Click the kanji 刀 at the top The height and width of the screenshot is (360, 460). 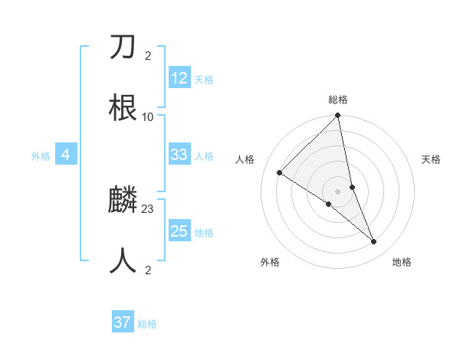click(x=123, y=48)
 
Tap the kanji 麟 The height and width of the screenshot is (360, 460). click(x=123, y=201)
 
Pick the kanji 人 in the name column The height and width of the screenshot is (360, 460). click(x=123, y=260)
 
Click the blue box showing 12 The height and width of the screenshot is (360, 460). click(x=179, y=78)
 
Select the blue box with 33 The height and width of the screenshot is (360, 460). click(x=179, y=155)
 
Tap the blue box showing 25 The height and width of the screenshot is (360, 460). click(x=179, y=231)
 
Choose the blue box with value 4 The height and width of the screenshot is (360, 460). click(x=66, y=155)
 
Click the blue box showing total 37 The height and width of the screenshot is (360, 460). click(x=123, y=322)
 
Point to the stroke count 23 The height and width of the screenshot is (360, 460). click(x=148, y=209)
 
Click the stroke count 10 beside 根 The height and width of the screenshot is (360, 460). click(x=148, y=116)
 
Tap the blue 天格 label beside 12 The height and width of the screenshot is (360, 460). click(x=204, y=79)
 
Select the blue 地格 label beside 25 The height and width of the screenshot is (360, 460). click(x=204, y=232)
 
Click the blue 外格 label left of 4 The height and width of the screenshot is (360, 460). click(x=41, y=155)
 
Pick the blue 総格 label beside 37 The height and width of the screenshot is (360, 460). click(x=147, y=323)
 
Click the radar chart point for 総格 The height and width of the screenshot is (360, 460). click(x=337, y=116)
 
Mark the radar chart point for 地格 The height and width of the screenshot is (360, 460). click(x=374, y=242)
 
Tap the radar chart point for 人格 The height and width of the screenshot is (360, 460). click(x=280, y=173)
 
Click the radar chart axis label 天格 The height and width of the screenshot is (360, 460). click(x=432, y=159)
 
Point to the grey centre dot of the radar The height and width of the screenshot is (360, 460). click(x=337, y=191)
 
